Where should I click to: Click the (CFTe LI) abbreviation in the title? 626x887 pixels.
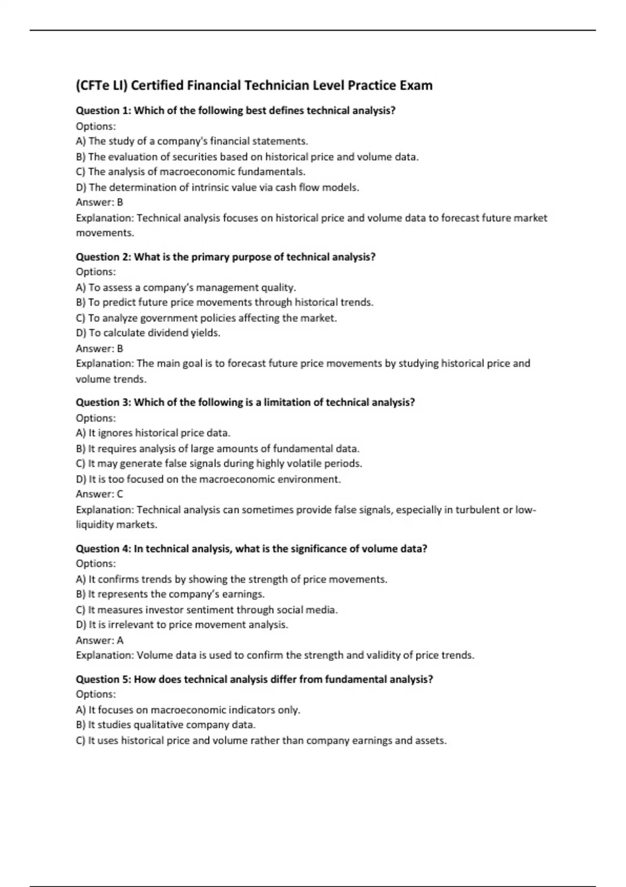pos(101,86)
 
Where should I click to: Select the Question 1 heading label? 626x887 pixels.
pos(103,111)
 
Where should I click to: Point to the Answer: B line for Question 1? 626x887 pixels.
pos(100,202)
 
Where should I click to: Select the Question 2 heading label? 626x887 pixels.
pos(103,257)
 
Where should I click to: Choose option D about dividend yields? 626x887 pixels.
pos(148,333)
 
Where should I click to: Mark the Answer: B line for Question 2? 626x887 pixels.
pos(100,349)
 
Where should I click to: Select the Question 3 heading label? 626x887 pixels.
pos(103,402)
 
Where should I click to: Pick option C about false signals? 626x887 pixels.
pos(219,463)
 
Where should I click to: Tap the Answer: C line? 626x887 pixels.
pos(100,494)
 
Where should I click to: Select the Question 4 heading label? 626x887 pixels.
pos(103,549)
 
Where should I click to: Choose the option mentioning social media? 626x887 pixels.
pos(207,609)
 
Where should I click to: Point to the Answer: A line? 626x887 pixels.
pos(100,640)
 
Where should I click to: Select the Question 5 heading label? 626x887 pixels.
pos(103,679)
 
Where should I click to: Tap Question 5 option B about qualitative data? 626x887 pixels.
pos(166,725)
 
